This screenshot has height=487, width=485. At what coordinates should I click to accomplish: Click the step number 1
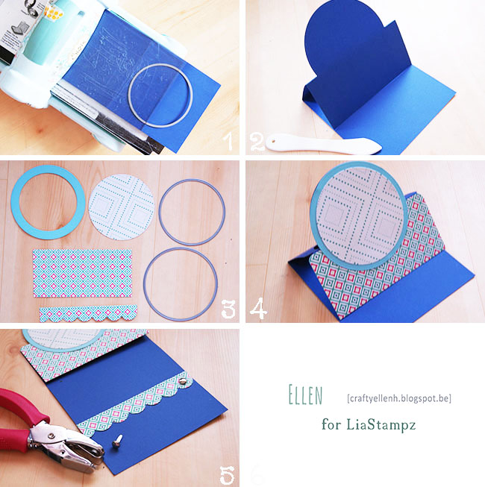[x=228, y=141]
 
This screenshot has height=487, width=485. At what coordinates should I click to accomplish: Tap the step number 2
[x=257, y=142]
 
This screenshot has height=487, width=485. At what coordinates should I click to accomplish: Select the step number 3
[x=228, y=309]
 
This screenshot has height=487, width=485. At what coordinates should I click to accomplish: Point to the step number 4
[x=258, y=308]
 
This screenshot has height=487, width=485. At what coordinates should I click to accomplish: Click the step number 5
[x=227, y=474]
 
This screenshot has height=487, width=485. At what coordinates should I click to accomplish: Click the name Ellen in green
[x=305, y=395]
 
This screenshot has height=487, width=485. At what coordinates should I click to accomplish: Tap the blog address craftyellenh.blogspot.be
[x=399, y=398]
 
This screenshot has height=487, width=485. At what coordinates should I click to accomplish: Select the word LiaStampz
[x=381, y=424]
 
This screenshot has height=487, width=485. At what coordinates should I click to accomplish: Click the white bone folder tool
[x=323, y=144]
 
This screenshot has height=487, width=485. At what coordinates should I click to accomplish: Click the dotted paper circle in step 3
[x=121, y=207]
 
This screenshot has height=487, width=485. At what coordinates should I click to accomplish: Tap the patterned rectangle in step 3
[x=82, y=273]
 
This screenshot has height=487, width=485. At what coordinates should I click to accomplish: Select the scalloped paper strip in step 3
[x=89, y=312]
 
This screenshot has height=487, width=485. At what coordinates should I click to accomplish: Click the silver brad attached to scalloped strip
[x=184, y=381]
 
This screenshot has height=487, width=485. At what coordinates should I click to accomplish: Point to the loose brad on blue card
[x=117, y=441]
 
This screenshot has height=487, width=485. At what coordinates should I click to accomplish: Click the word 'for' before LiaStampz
[x=331, y=424]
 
